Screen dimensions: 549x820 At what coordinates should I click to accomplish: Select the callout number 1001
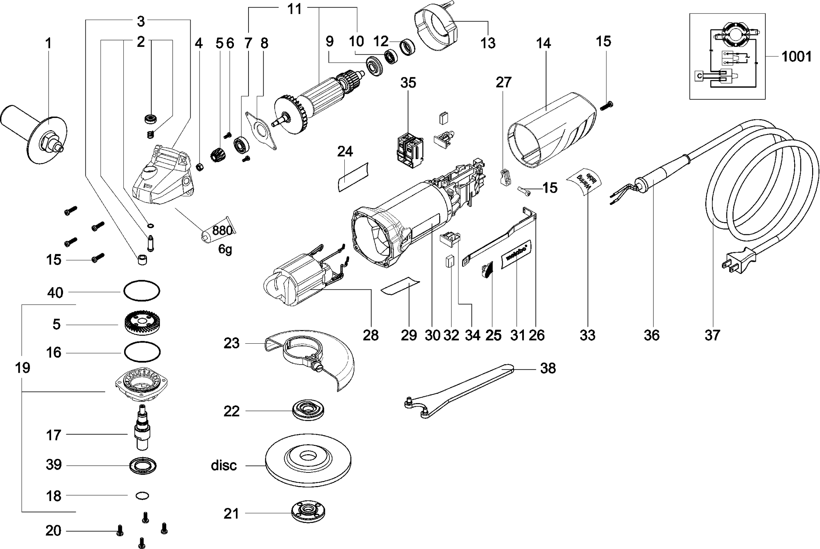[796, 57]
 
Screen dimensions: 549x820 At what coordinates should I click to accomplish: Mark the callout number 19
[23, 367]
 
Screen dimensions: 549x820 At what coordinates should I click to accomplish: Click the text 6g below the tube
[225, 249]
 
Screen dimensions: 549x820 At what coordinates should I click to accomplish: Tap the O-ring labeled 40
[142, 291]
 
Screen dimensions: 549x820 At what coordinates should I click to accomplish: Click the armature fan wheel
[292, 114]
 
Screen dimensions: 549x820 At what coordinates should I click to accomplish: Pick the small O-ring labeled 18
[142, 496]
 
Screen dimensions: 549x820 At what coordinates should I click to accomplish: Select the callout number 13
[488, 43]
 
